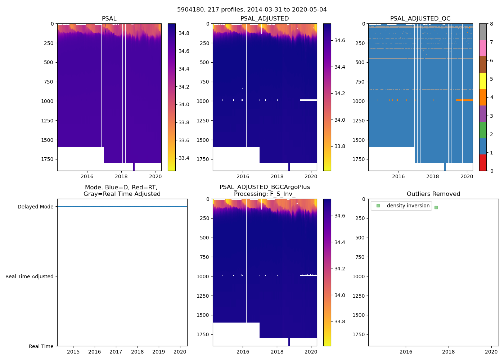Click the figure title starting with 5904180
[252, 10]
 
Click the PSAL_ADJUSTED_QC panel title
[420, 19]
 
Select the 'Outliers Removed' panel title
[433, 194]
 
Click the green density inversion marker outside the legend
[436, 207]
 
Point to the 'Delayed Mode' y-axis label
[35, 207]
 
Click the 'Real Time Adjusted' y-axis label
[29, 276]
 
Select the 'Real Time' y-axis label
[41, 346]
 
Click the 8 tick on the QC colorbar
[491, 24]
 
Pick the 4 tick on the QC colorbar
[491, 97]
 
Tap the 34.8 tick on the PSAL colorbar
[184, 33]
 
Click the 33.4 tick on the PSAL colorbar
[184, 158]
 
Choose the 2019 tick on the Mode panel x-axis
[159, 352]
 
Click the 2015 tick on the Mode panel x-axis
[73, 352]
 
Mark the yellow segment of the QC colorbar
[483, 81]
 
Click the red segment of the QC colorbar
[483, 163]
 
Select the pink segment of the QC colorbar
[483, 48]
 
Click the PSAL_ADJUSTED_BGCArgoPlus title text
[265, 187]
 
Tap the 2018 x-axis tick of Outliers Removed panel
[449, 352]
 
